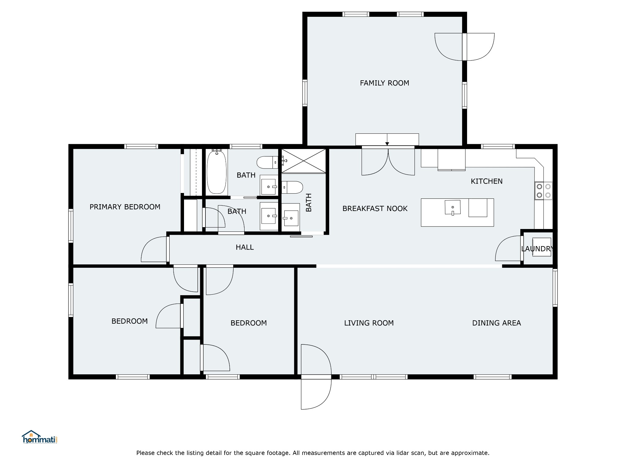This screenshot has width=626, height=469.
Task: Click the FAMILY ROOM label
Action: tap(384, 83)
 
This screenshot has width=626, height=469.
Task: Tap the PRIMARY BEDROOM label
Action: tap(125, 207)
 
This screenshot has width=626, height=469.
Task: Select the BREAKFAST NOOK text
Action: tap(375, 209)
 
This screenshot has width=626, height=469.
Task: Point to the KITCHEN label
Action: tap(486, 181)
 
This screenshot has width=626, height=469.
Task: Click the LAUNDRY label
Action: tap(537, 249)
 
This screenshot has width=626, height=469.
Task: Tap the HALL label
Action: tap(245, 247)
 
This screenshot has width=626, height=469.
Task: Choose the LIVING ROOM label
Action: tap(369, 323)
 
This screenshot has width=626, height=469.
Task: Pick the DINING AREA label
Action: tap(496, 323)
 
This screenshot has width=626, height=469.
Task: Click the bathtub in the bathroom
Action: tap(217, 172)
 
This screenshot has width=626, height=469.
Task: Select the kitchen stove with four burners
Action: tap(543, 191)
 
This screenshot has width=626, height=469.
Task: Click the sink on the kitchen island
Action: tap(453, 208)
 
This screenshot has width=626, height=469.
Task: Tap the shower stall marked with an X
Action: tap(304, 161)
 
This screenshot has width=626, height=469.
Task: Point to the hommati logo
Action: tap(40, 437)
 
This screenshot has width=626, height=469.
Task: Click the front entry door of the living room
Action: tap(316, 377)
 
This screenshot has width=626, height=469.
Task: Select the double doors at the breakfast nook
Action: tap(388, 161)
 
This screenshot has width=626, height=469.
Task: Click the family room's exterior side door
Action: tap(464, 47)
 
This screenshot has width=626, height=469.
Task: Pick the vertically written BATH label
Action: tap(309, 202)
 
